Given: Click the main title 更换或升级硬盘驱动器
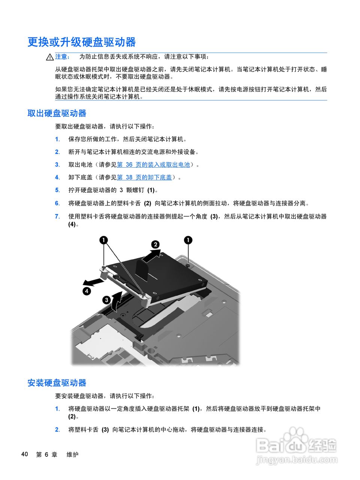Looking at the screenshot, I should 81,42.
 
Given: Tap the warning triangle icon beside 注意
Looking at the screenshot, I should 50,57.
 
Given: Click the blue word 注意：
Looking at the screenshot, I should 62,57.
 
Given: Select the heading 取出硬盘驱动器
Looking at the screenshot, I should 57,113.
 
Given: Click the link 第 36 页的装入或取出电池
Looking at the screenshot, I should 154,165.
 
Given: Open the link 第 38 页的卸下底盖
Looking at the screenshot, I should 144,177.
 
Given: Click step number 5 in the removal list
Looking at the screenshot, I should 57,190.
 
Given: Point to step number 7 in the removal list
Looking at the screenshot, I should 57,216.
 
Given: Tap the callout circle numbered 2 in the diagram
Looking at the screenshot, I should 155,244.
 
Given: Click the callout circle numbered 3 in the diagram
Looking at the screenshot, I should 106,300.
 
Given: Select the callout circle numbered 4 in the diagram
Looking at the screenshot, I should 87,291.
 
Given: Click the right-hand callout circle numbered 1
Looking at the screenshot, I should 188,240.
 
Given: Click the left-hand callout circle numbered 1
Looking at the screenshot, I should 103,240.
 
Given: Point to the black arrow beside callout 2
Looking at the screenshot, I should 151,256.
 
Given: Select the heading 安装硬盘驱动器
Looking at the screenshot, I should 57,383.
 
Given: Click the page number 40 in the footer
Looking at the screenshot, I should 25,454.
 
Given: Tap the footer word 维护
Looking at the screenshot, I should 72,454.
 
